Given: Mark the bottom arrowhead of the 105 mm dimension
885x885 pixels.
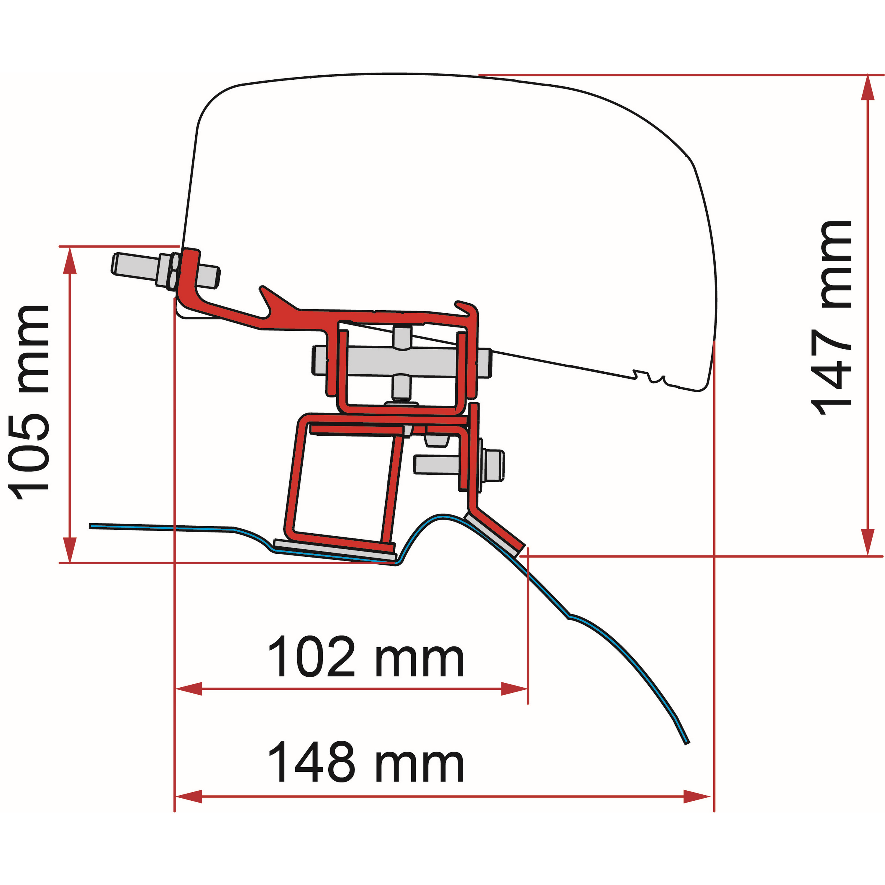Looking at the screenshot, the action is click(x=70, y=549).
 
